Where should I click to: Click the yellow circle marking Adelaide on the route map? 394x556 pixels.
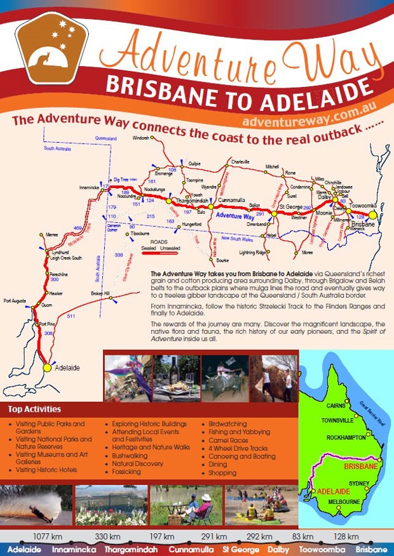[46, 367]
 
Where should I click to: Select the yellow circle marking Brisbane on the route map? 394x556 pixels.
[374, 215]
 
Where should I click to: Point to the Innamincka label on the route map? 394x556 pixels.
[89, 188]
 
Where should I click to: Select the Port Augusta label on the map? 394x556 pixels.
[15, 300]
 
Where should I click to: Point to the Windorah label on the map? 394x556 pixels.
[140, 138]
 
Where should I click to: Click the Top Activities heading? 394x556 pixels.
[35, 409]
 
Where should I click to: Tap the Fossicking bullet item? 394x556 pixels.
[126, 472]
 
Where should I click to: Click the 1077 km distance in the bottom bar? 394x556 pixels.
[50, 536]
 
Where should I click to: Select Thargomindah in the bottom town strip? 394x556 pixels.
[131, 549]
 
